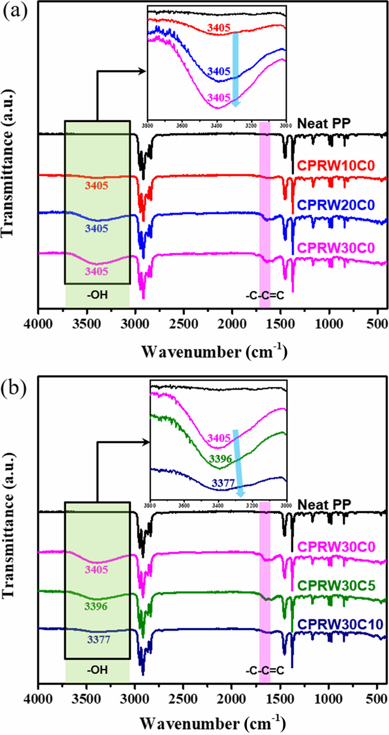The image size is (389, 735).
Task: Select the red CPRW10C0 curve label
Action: pos(336,165)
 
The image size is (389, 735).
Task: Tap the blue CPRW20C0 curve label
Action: pos(336,205)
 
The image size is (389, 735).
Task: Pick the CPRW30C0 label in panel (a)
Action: pos(336,248)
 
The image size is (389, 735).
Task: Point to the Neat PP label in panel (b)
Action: pos(324,505)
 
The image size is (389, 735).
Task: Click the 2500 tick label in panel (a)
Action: pos(184,324)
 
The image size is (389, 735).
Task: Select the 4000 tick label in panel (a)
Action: pos(38,324)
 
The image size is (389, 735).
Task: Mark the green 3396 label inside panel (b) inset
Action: pos(221,459)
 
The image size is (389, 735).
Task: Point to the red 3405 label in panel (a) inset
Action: pos(219,28)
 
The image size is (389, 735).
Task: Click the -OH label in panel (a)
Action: pos(97,295)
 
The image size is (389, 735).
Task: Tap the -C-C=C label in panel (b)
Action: pos(265,670)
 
